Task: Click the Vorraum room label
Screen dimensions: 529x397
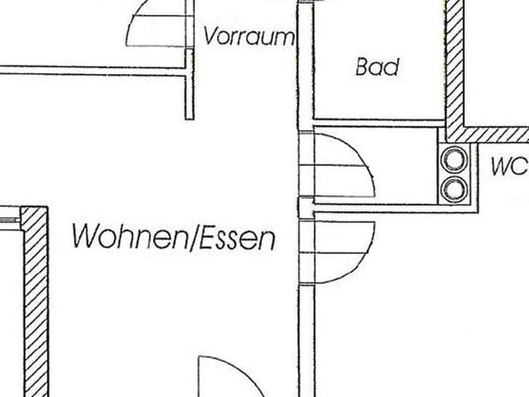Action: tap(249, 36)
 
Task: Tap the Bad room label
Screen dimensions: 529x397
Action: tap(377, 67)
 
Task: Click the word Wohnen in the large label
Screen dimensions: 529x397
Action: tap(130, 237)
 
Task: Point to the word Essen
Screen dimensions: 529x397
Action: tap(237, 239)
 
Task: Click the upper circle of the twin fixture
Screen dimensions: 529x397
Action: tap(455, 159)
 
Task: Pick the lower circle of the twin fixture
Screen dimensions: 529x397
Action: tap(455, 189)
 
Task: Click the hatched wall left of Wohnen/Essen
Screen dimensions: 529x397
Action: tap(35, 302)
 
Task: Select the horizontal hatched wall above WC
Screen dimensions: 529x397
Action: tap(487, 134)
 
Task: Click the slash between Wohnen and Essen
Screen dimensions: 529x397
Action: tap(194, 239)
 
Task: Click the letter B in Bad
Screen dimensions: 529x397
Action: tap(362, 67)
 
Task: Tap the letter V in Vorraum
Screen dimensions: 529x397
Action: tap(210, 36)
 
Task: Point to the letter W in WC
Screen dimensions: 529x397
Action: tap(501, 167)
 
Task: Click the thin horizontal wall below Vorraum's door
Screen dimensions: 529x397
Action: tap(93, 70)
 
